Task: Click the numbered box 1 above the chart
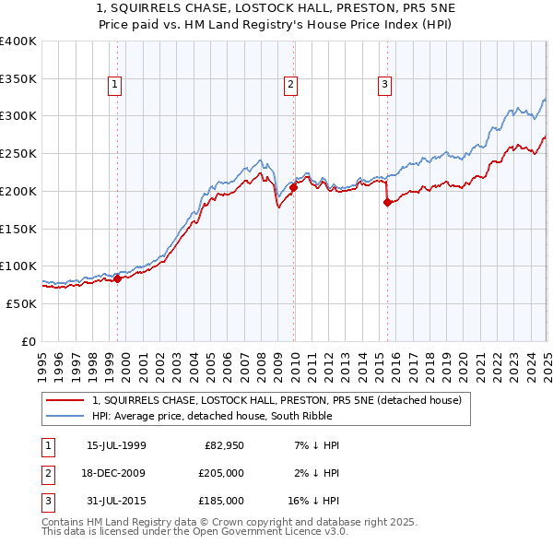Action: [x=115, y=85]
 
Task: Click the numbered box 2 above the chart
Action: [x=290, y=85]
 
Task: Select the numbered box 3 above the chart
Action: [x=384, y=85]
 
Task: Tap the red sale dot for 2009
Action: [x=293, y=187]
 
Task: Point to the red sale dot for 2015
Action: [x=387, y=202]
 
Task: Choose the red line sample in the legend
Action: [x=65, y=401]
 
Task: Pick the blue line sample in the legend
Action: [x=65, y=416]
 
